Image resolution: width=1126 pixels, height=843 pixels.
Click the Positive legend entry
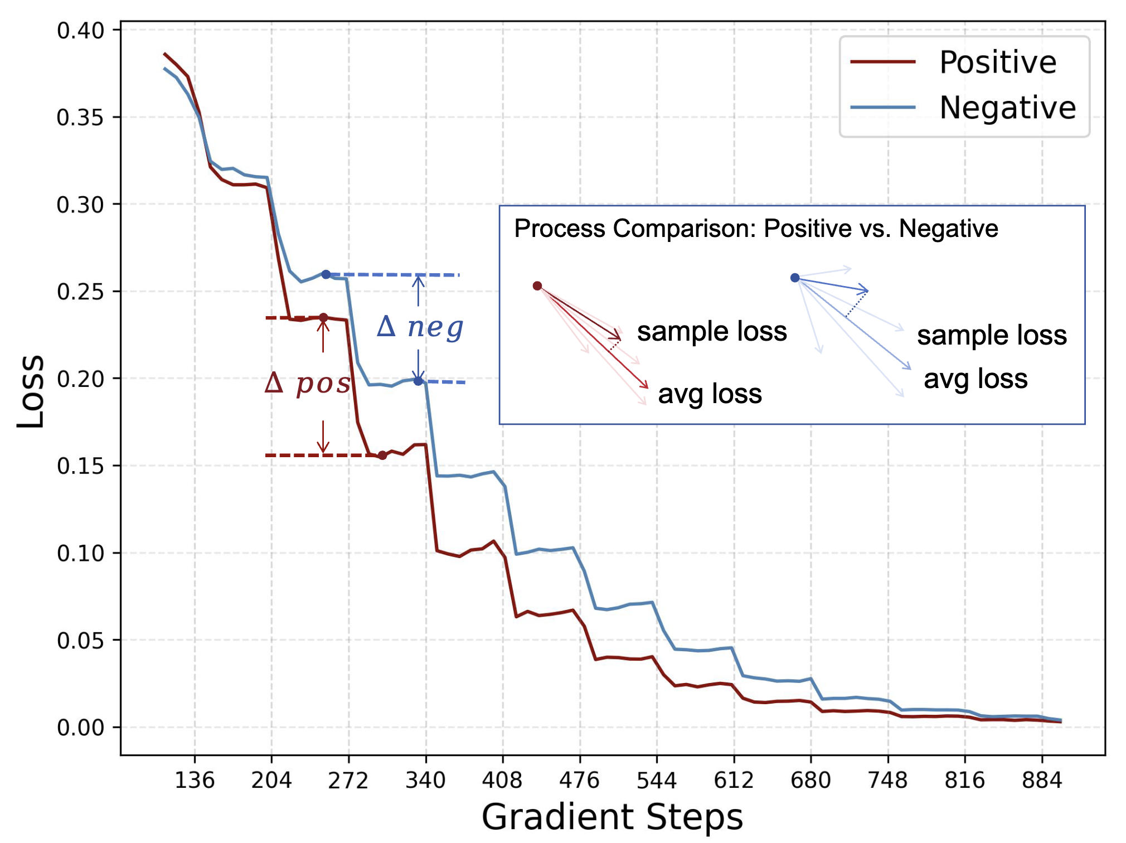pyautogui.click(x=997, y=62)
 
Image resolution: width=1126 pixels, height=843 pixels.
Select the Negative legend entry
pyautogui.click(x=1007, y=108)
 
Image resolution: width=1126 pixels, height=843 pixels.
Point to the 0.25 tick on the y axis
pyautogui.click(x=81, y=292)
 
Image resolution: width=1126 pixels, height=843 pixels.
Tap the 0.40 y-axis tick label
pyautogui.click(x=81, y=31)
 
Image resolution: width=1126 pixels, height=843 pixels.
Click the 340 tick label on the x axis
pyautogui.click(x=426, y=781)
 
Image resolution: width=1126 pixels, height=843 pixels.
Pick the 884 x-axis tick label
pyautogui.click(x=1042, y=781)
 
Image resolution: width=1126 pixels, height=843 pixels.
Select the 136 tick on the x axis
pyautogui.click(x=195, y=781)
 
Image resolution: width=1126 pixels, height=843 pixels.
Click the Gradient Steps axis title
pyautogui.click(x=612, y=817)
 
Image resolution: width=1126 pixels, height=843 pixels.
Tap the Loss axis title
pyautogui.click(x=31, y=391)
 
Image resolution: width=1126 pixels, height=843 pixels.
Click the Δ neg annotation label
pyautogui.click(x=420, y=327)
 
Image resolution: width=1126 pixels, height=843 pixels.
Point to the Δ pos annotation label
pyautogui.click(x=308, y=384)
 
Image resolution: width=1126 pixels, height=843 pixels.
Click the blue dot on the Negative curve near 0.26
pyautogui.click(x=326, y=274)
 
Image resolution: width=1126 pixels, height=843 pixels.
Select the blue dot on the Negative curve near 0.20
pyautogui.click(x=418, y=381)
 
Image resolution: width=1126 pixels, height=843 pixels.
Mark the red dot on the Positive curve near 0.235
pyautogui.click(x=323, y=317)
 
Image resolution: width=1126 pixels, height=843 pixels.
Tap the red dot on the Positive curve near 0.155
pyautogui.click(x=382, y=456)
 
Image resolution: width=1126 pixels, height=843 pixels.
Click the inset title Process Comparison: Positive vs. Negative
pyautogui.click(x=756, y=229)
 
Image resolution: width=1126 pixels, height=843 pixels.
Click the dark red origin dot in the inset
pyautogui.click(x=537, y=286)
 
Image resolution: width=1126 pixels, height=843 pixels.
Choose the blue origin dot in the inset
pyautogui.click(x=795, y=278)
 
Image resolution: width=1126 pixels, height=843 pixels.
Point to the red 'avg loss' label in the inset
pyautogui.click(x=710, y=394)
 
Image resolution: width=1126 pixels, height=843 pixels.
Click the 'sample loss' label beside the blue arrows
pyautogui.click(x=992, y=336)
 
